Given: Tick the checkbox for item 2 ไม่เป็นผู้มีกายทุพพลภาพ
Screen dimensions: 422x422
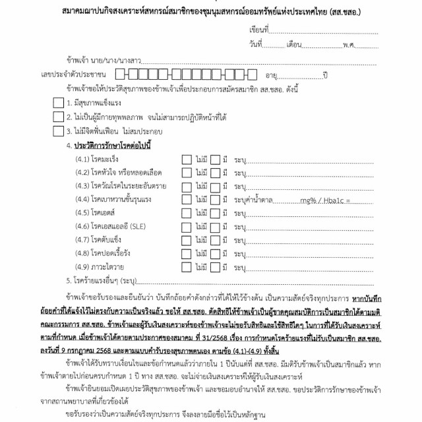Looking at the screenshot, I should point(57,117).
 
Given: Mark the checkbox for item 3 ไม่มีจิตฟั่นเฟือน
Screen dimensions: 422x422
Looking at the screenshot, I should point(57,131).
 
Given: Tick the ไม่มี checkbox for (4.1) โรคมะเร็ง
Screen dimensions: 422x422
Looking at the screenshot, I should point(187,159).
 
